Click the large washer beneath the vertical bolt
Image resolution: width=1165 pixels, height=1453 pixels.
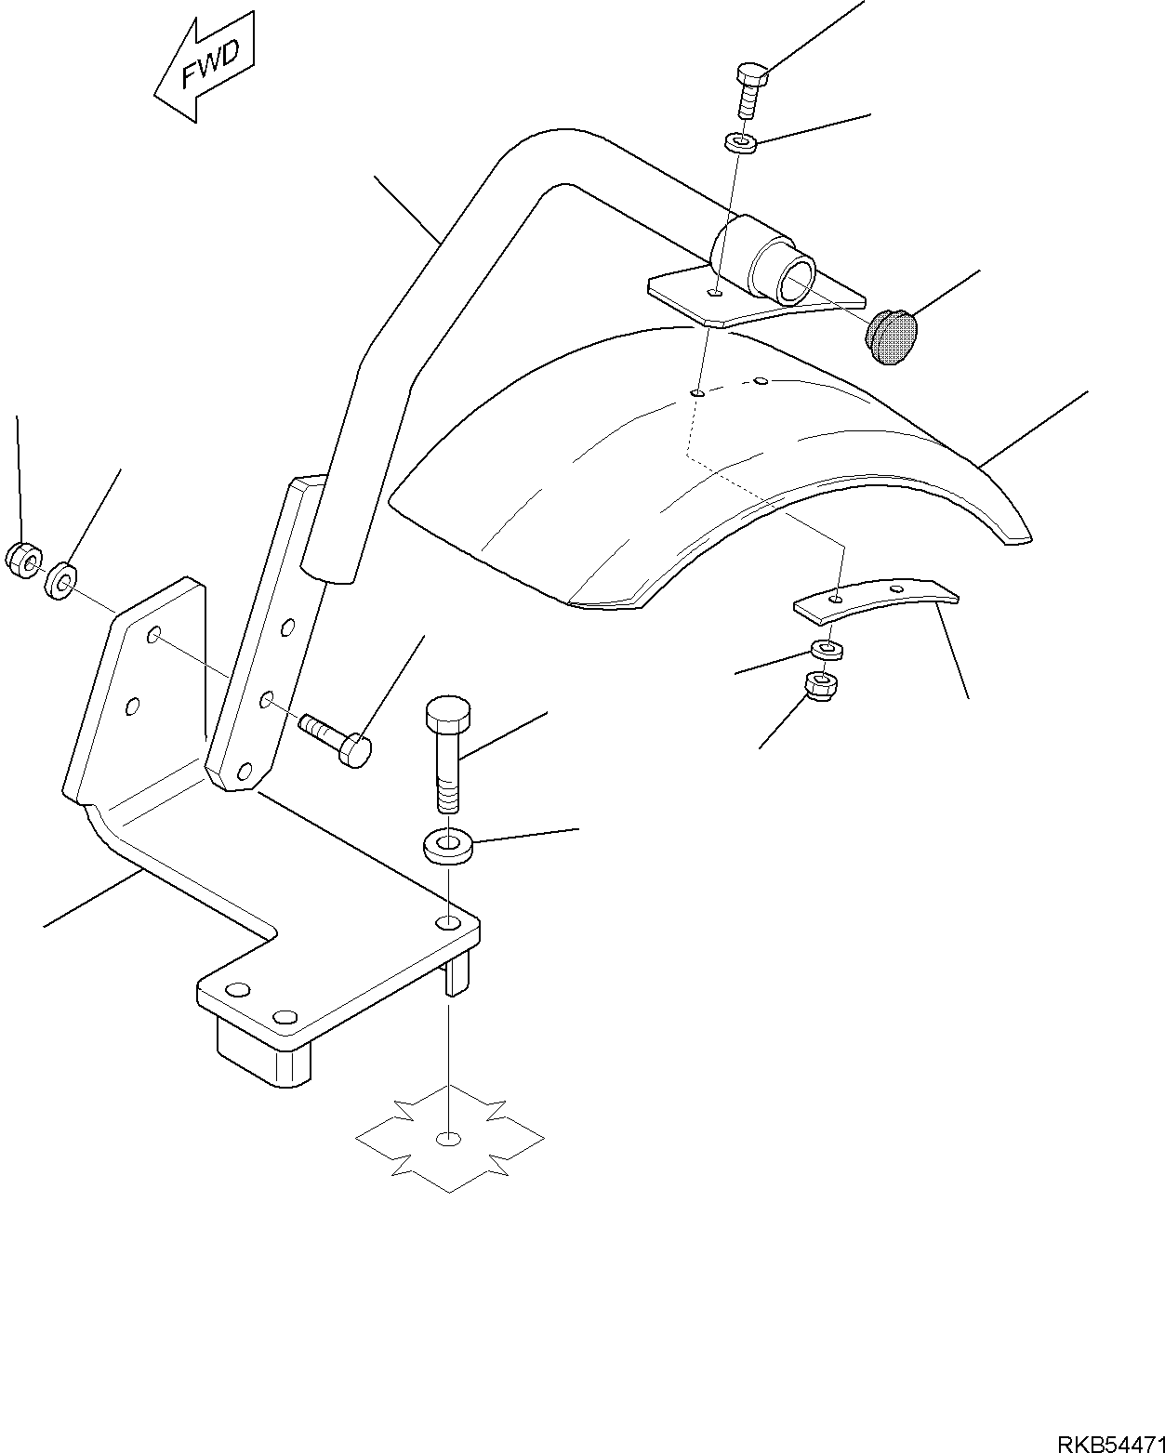(448, 847)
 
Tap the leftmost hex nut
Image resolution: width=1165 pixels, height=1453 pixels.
(23, 561)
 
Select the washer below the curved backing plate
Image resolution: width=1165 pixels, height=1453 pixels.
(826, 649)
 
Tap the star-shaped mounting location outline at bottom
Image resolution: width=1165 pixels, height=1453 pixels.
(450, 1139)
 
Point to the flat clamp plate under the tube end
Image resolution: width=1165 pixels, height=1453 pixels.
(716, 300)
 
